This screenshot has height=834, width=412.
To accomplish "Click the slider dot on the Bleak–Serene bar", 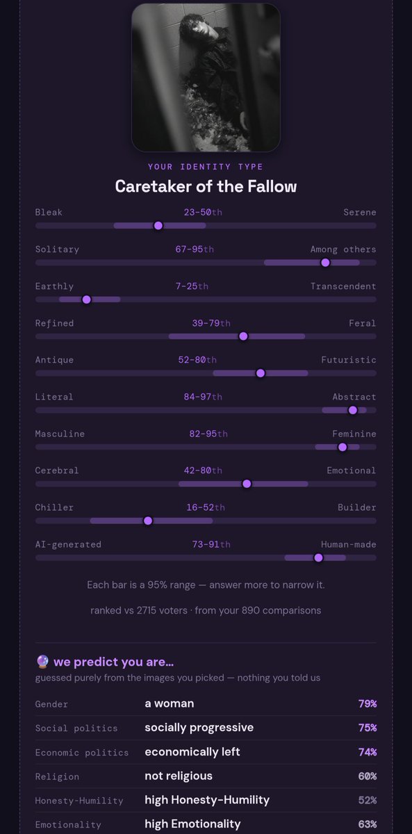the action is [158, 226].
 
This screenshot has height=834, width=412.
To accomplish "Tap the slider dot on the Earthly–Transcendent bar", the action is [86, 300].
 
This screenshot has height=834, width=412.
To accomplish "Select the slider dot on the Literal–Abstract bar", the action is [352, 410].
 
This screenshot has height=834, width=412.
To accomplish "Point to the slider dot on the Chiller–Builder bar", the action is [148, 521].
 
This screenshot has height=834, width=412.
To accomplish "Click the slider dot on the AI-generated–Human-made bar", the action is [318, 557].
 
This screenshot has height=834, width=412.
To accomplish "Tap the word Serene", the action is [359, 212].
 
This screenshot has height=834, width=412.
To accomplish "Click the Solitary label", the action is [57, 250].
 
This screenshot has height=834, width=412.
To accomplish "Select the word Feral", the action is [362, 323].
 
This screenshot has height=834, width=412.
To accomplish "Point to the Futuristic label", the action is [348, 360].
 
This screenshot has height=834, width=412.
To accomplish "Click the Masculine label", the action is [60, 434].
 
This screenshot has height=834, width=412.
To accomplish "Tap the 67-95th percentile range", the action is [195, 249].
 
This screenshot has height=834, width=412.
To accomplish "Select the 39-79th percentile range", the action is [211, 323].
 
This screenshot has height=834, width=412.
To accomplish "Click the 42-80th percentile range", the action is [203, 471].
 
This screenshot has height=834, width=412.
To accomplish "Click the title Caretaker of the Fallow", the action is [206, 186].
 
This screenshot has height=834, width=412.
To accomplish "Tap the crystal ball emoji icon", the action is [43, 661].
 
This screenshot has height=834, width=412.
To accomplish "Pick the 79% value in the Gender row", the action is [368, 703].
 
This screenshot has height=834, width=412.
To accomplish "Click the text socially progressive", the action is [199, 728].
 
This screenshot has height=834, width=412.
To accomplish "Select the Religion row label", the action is [57, 777].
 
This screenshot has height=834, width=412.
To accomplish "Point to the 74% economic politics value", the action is [368, 752].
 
